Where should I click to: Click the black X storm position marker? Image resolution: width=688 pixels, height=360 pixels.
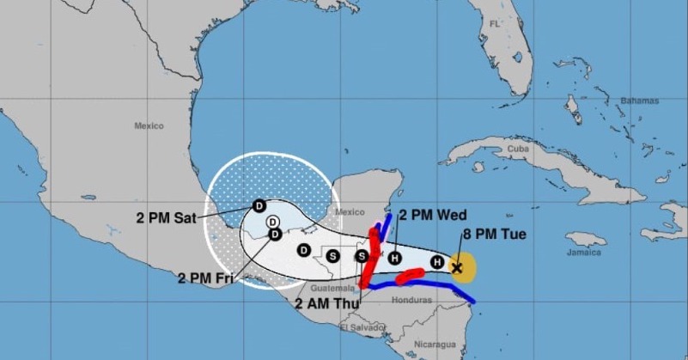point(457,268)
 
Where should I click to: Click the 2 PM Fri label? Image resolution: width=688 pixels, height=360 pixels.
point(207,278)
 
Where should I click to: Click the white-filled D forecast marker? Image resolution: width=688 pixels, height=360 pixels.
point(272,223)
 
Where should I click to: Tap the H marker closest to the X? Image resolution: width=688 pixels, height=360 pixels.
point(437,262)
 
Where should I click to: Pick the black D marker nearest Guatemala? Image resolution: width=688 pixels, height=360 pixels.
point(303,250)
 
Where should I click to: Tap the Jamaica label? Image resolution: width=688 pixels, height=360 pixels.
point(583,253)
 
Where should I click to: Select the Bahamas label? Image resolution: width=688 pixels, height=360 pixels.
point(640,101)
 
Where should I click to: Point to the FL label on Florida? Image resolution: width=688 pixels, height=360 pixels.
point(495,24)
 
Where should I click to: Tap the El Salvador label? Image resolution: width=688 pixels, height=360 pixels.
point(360,327)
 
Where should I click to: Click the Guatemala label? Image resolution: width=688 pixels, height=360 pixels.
point(327,289)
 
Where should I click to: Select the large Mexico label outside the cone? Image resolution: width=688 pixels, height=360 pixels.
point(149,126)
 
